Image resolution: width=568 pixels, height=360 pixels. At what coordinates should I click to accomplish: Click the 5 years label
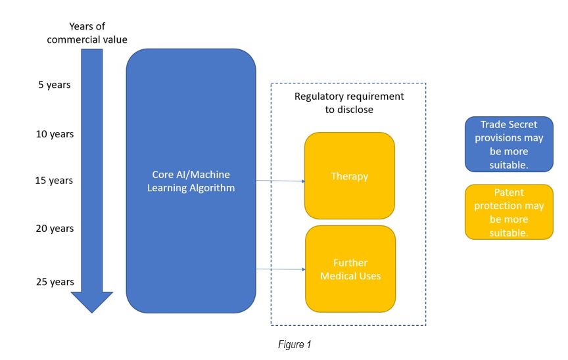click(x=55, y=85)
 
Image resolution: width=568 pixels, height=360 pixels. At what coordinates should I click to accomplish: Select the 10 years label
click(x=55, y=134)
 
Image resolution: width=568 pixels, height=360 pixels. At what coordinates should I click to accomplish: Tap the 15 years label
click(x=54, y=180)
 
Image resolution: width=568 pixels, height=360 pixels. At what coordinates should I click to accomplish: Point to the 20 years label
click(x=55, y=229)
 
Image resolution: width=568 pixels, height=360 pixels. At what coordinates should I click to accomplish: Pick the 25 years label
click(x=55, y=281)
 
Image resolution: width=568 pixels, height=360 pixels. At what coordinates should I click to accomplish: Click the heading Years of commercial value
click(x=87, y=33)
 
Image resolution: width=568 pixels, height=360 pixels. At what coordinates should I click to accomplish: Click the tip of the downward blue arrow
click(x=91, y=313)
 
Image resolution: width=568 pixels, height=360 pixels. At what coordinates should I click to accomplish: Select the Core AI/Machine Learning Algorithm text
click(x=191, y=181)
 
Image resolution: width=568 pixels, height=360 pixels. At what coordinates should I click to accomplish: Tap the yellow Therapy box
click(x=350, y=175)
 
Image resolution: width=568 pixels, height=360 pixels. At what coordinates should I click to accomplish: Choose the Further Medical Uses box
click(x=350, y=269)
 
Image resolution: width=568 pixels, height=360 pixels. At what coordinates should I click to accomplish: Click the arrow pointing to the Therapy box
click(x=280, y=181)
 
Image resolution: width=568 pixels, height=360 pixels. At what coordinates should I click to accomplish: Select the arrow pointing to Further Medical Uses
click(x=280, y=269)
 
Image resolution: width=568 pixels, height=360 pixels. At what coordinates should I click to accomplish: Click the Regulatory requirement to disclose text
click(x=349, y=102)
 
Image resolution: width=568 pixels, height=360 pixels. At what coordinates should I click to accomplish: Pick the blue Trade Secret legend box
click(x=509, y=144)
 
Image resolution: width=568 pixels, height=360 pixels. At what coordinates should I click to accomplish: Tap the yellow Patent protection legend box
click(x=509, y=212)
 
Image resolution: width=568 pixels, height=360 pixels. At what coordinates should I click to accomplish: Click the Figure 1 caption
click(x=295, y=344)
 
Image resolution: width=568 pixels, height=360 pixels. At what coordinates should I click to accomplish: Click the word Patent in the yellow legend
click(x=509, y=192)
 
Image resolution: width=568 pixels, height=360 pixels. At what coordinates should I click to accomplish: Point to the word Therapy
click(x=350, y=176)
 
